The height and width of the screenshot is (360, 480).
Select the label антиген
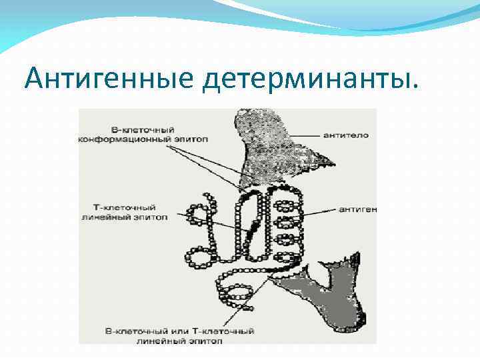tap(357, 209)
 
